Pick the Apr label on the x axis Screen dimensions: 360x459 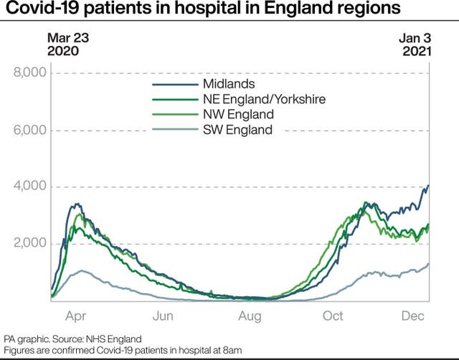point(76,316)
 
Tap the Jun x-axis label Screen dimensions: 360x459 point(163,316)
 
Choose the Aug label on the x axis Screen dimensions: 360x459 point(249,316)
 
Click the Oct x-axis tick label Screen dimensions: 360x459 point(333,316)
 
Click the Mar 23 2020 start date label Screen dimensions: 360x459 point(63,44)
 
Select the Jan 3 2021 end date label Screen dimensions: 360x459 point(416,44)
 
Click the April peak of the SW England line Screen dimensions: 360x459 point(83,270)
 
